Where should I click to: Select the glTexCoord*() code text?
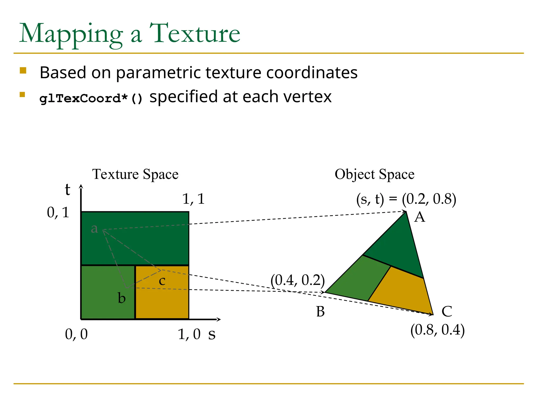pyautogui.click(x=91, y=99)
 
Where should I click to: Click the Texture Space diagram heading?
pyautogui.click(x=135, y=174)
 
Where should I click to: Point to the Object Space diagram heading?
pyautogui.click(x=374, y=174)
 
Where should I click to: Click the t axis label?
pyautogui.click(x=67, y=190)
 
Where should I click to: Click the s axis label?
pyautogui.click(x=212, y=334)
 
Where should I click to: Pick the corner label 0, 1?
pyautogui.click(x=58, y=212)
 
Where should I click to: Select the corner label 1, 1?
pyautogui.click(x=193, y=199)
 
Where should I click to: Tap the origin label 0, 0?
pyautogui.click(x=76, y=334)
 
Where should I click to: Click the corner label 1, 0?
pyautogui.click(x=189, y=334)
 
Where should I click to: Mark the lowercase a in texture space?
pyautogui.click(x=94, y=228)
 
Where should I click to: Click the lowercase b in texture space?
pyautogui.click(x=121, y=298)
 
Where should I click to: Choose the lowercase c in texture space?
pyautogui.click(x=162, y=281)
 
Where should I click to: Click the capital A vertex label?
pyautogui.click(x=419, y=217)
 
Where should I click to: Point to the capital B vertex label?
pyautogui.click(x=320, y=311)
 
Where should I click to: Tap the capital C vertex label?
pyautogui.click(x=447, y=311)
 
